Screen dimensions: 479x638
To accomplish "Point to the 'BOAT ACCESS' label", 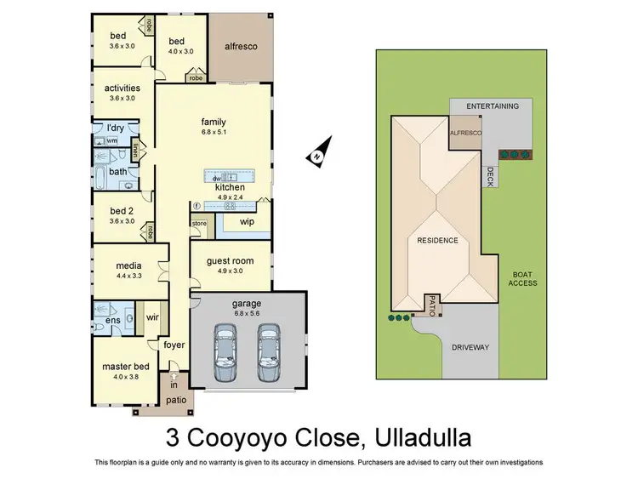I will click(522, 278).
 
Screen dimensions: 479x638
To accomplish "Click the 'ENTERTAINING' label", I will click(492, 106).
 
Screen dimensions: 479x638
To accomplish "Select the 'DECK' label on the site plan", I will click(490, 176).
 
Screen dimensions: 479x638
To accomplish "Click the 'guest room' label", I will click(230, 261).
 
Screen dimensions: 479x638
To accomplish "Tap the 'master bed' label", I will click(126, 366).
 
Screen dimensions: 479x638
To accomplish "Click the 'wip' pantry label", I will click(247, 222).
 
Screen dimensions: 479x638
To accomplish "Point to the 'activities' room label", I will click(122, 88).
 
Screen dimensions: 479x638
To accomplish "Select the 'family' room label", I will click(213, 122).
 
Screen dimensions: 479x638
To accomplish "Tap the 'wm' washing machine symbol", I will click(112, 140).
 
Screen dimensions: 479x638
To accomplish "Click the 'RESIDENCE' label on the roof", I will click(437, 241).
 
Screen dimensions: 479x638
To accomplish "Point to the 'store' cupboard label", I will click(198, 224).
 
